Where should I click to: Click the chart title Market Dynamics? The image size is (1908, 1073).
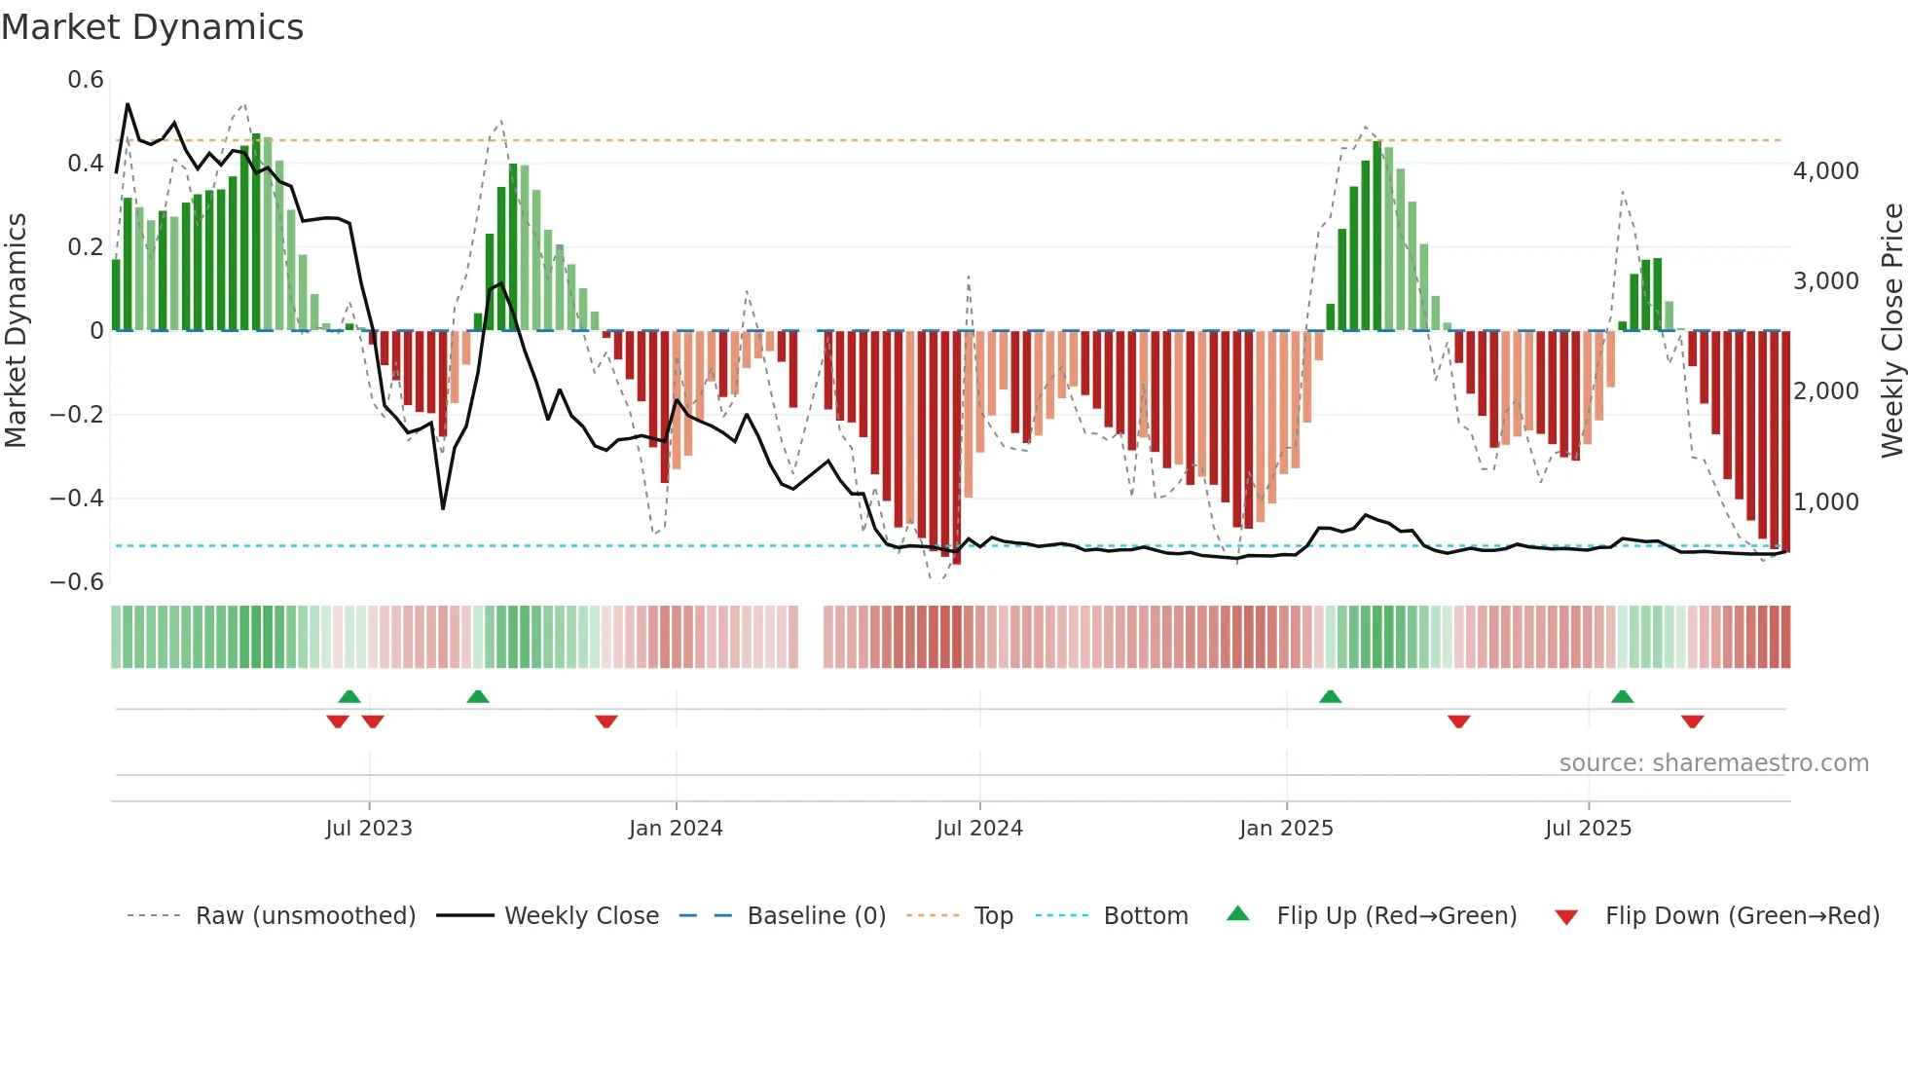coord(152,27)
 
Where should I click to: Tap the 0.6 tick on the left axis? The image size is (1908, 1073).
coord(86,80)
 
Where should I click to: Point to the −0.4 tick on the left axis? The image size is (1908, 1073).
coord(77,499)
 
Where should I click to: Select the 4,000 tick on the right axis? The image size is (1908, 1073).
coord(1826,171)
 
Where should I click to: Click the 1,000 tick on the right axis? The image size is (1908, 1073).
coord(1826,502)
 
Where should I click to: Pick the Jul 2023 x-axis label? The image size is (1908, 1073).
coord(369,829)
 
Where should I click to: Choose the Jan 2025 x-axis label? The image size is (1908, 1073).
coord(1286,829)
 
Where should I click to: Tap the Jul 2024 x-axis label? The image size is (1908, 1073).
coord(979,829)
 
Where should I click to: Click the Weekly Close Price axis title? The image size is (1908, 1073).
coord(1891,331)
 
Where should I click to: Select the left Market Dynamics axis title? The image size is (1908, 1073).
coord(16,331)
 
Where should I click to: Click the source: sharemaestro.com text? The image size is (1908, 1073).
coord(1713,763)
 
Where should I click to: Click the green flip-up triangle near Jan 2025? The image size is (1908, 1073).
coord(1330,696)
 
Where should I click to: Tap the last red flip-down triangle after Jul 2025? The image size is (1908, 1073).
coord(1692,721)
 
